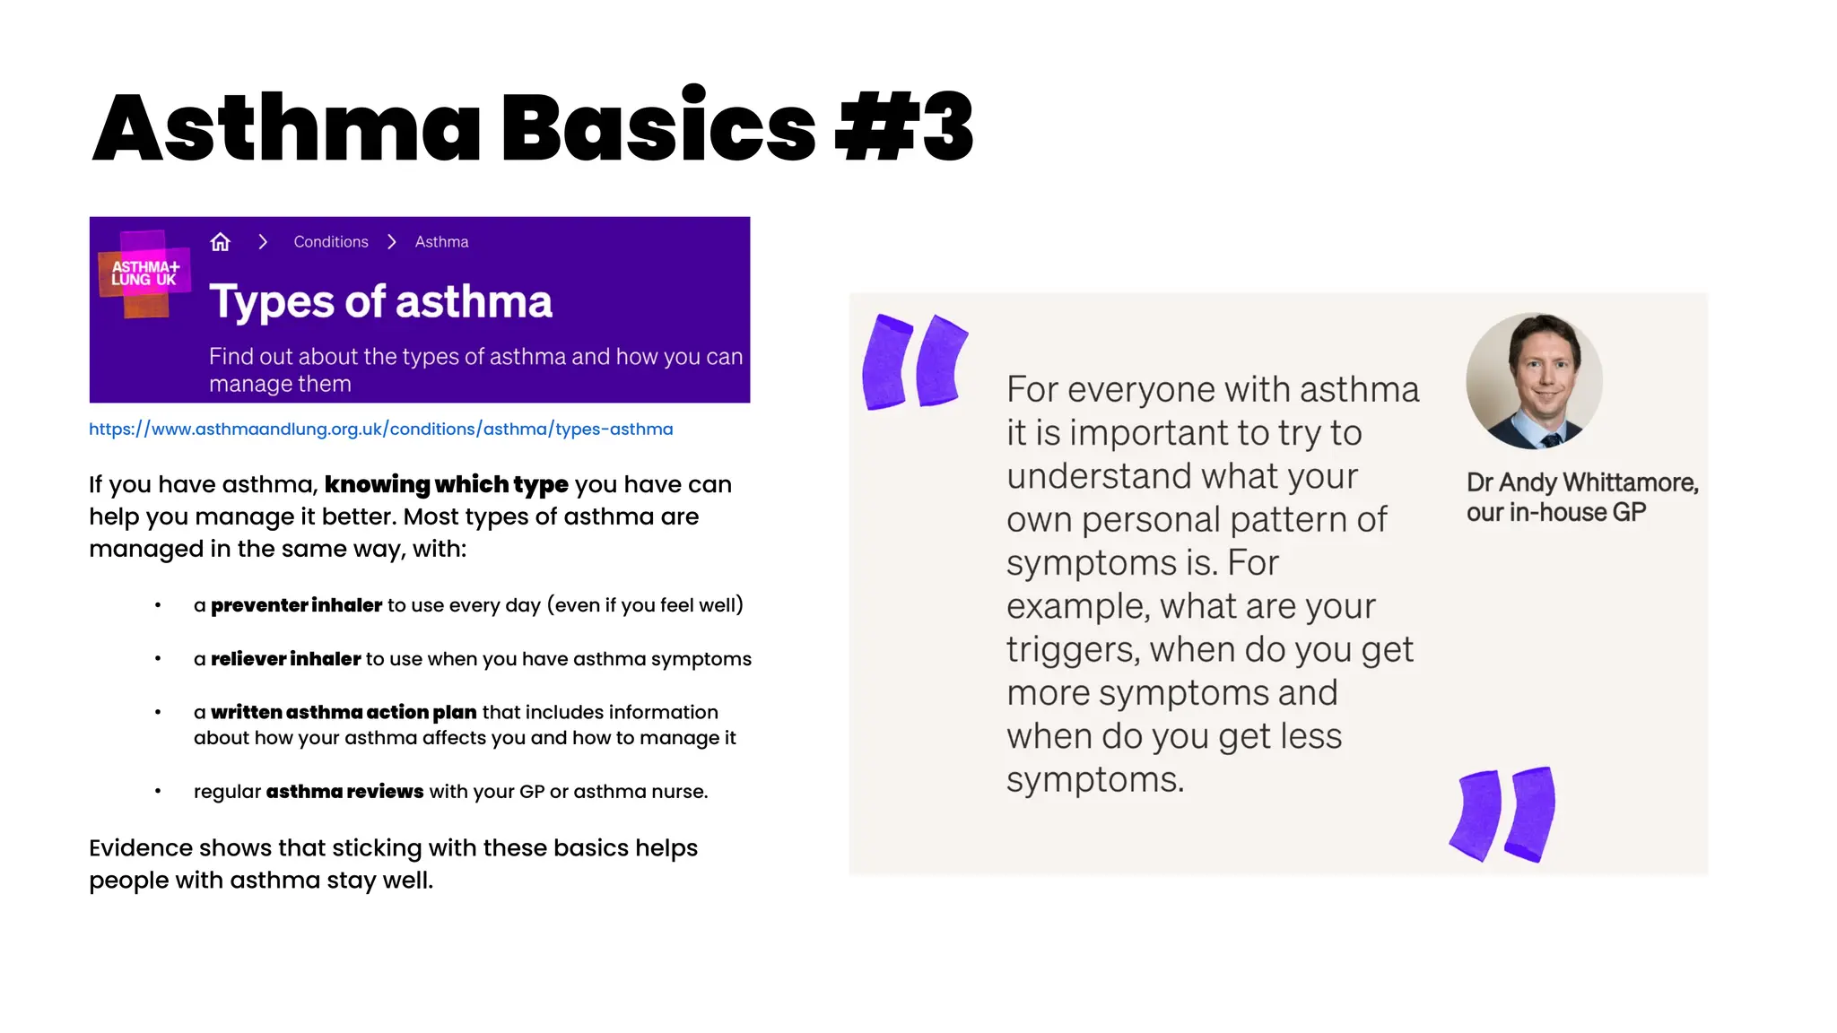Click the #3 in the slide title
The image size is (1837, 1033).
click(x=904, y=127)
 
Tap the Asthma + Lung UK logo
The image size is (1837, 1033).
click(x=144, y=273)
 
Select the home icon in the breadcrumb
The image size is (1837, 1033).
click(x=220, y=242)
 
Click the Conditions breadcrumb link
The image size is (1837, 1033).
click(x=331, y=242)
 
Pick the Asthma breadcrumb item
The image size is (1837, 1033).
click(x=441, y=242)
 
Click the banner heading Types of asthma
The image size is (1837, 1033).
click(x=380, y=301)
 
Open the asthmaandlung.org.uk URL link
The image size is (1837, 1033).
click(x=380, y=430)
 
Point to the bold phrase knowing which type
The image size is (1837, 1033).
click(x=446, y=484)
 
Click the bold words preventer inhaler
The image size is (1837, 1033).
click(x=296, y=605)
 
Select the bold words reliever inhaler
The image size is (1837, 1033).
click(x=285, y=659)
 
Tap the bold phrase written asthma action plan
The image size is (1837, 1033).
click(x=344, y=712)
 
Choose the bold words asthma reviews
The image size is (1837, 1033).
click(x=344, y=792)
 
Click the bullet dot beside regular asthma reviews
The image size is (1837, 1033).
click(x=158, y=791)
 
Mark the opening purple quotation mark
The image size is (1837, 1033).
click(x=914, y=360)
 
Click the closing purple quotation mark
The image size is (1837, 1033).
click(x=1503, y=814)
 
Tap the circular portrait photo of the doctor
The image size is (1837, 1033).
click(x=1534, y=381)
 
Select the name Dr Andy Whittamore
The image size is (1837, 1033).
click(x=1581, y=482)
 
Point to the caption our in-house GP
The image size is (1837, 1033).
click(x=1555, y=513)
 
